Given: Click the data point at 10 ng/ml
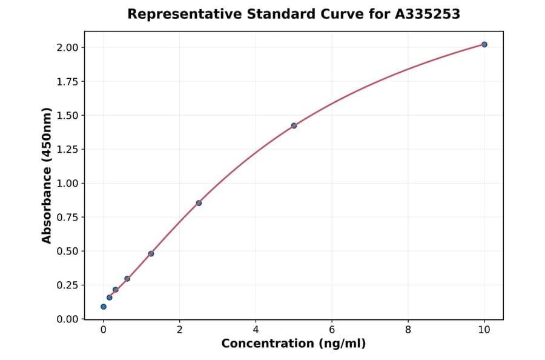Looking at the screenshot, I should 484,44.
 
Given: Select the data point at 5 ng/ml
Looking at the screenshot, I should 294,125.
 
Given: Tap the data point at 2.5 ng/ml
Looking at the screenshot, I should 199,203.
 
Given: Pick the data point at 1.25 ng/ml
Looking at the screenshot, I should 151,253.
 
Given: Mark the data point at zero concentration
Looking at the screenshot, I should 104,307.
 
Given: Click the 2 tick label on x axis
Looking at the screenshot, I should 179,330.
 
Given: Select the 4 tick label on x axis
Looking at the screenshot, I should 256,330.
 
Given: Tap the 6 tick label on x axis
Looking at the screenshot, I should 332,330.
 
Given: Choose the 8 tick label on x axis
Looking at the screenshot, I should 408,330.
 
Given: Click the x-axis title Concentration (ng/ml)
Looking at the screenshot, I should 294,344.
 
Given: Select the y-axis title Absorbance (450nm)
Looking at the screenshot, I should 47,175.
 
